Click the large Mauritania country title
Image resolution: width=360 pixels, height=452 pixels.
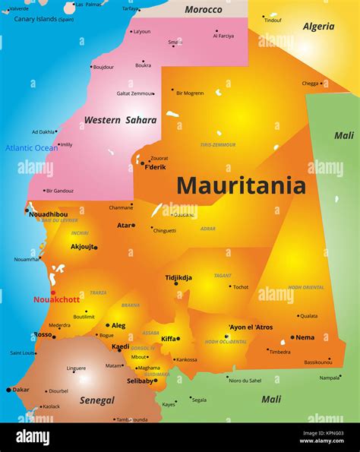point(241,185)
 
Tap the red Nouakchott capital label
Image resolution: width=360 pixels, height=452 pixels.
point(55,299)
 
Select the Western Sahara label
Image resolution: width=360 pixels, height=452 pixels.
point(120,120)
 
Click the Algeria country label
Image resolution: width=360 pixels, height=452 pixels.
point(318,27)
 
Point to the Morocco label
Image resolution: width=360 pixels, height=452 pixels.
point(204,10)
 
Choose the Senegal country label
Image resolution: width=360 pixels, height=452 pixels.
point(97,400)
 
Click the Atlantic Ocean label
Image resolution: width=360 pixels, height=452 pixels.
point(31,148)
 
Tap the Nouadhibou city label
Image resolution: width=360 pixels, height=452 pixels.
point(48,214)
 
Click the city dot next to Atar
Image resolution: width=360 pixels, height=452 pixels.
point(134,225)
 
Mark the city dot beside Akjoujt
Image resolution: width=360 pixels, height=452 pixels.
point(96,247)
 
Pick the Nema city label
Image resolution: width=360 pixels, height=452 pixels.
point(305,337)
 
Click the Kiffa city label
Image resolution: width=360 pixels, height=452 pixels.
point(169,339)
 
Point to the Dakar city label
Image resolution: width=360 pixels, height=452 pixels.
point(21,390)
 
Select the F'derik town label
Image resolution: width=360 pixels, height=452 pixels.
point(155,166)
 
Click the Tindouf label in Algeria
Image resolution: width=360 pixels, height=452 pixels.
point(273,21)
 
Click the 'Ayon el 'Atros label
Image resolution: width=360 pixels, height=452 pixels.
point(251,327)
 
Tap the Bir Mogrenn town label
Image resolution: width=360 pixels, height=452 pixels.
point(190,93)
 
